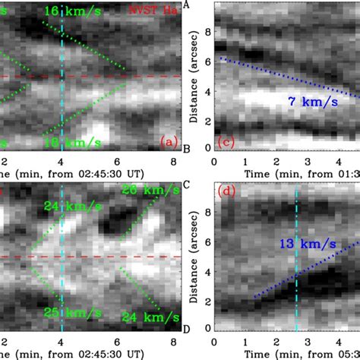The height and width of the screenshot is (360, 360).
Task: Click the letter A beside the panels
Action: click(x=187, y=5)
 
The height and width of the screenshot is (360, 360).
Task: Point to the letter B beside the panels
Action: click(x=187, y=142)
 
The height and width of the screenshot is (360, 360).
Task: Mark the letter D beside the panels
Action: click(x=187, y=328)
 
